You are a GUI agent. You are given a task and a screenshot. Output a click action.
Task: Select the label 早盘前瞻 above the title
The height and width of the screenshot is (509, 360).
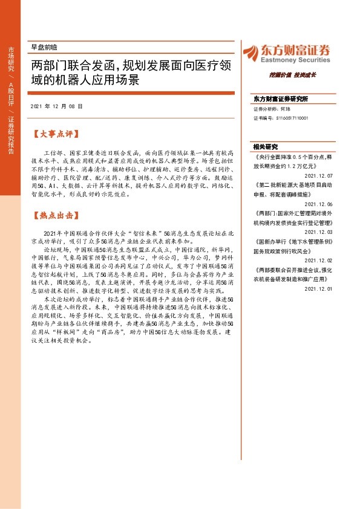[44, 47]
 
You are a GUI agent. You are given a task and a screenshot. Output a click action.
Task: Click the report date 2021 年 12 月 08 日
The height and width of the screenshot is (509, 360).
[56, 106]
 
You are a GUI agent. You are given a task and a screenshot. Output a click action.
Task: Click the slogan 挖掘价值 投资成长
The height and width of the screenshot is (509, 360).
[293, 76]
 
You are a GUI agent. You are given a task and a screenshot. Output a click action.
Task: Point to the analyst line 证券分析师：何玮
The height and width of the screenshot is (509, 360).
[272, 109]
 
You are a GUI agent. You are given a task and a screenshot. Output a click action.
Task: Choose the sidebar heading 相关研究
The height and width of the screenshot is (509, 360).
[266, 147]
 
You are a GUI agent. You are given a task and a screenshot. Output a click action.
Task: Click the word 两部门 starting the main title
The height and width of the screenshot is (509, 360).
[50, 66]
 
